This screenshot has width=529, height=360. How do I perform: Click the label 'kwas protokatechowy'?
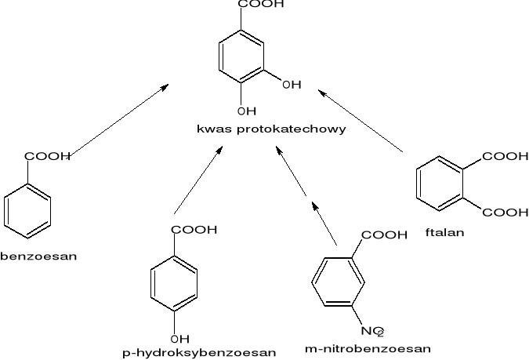(x=270, y=129)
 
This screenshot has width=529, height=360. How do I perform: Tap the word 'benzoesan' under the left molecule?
(x=38, y=256)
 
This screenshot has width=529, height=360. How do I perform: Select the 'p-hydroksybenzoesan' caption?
(x=199, y=353)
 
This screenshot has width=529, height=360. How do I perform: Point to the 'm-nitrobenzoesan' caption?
(x=368, y=347)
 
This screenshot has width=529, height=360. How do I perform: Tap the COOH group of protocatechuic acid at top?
(x=261, y=5)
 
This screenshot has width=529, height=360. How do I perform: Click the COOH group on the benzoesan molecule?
(x=48, y=157)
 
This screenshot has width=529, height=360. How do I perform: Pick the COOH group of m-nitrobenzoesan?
(x=384, y=235)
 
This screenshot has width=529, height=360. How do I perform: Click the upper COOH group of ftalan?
(x=505, y=157)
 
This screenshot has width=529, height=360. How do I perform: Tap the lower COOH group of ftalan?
(x=505, y=212)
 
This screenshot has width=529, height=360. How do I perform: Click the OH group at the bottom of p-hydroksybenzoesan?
(x=179, y=339)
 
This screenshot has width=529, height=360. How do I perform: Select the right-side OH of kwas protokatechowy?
(x=291, y=85)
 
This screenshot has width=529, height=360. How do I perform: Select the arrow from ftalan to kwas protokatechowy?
(x=361, y=122)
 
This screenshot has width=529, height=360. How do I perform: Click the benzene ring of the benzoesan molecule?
(x=27, y=210)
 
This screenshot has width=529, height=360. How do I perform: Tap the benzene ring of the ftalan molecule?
(x=440, y=185)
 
